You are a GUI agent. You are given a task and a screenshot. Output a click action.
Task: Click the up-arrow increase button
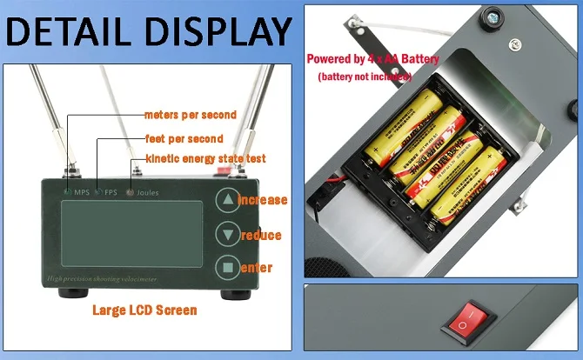pyautogui.click(x=228, y=200)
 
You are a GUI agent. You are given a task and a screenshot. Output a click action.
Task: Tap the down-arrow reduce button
pyautogui.click(x=228, y=234)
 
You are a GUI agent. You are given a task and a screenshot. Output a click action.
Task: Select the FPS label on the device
pyautogui.click(x=111, y=191)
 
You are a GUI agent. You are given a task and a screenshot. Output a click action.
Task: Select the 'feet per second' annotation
pyautogui.click(x=184, y=138)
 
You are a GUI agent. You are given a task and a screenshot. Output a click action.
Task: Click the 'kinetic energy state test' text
pyautogui.click(x=205, y=158)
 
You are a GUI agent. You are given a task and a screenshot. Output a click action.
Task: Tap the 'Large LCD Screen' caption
pyautogui.click(x=144, y=310)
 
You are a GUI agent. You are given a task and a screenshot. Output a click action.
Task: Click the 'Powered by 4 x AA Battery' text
pyautogui.click(x=372, y=59)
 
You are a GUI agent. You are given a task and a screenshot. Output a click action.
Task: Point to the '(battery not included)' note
pyautogui.click(x=375, y=77)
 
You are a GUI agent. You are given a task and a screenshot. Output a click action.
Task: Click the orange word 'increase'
pyautogui.click(x=262, y=200)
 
